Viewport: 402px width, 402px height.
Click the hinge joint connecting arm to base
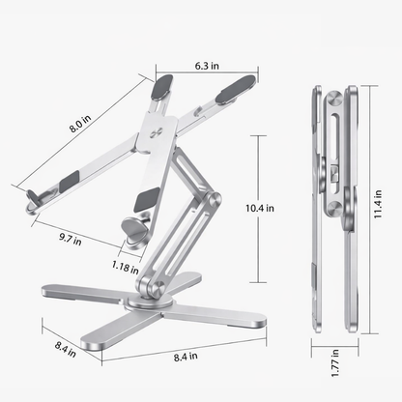tap(147, 285)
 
